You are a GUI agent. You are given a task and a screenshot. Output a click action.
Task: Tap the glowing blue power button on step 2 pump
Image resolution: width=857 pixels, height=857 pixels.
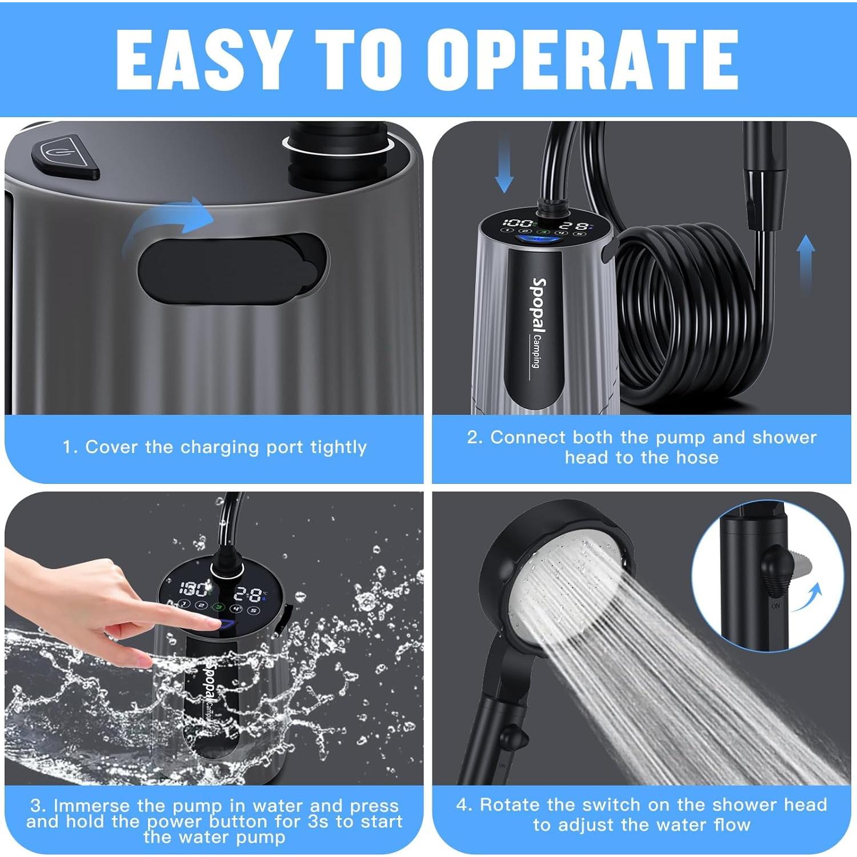click(x=531, y=239)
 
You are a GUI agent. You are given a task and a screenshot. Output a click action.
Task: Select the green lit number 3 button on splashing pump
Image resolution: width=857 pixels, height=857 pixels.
click(x=218, y=607)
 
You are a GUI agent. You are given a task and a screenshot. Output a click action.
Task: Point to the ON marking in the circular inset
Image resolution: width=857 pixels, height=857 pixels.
click(x=775, y=606)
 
